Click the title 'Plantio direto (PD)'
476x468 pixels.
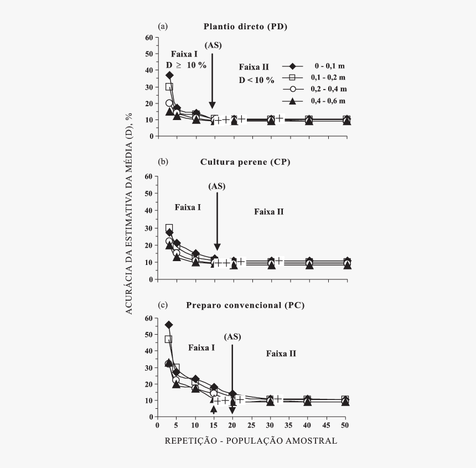pyautogui.click(x=245, y=26)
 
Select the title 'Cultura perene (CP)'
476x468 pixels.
pyautogui.click(x=245, y=162)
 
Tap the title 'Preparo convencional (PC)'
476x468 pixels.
pyautogui.click(x=245, y=305)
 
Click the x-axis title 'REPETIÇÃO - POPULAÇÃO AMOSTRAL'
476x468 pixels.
pyautogui.click(x=251, y=441)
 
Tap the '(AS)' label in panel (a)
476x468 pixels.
pyautogui.click(x=213, y=45)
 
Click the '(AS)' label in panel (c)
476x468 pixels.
pyautogui.click(x=232, y=337)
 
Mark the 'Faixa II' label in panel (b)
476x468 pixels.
pyautogui.click(x=269, y=211)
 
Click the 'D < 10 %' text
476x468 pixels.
pyautogui.click(x=256, y=80)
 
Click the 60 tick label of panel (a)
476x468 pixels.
pyautogui.click(x=148, y=38)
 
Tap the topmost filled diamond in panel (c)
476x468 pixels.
pyautogui.click(x=169, y=325)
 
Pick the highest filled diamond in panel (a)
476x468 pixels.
pyautogui.click(x=169, y=75)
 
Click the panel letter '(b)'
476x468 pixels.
pyautogui.click(x=163, y=162)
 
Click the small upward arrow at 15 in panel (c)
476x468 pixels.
pyautogui.click(x=214, y=409)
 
